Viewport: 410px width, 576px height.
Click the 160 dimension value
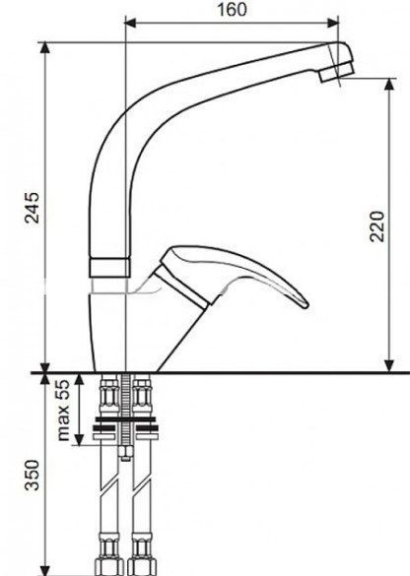pyautogui.click(x=232, y=9)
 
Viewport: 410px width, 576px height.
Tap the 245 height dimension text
pyautogui.click(x=32, y=208)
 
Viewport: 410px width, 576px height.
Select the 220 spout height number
pyautogui.click(x=377, y=226)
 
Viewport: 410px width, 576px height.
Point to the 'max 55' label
pyautogui.click(x=63, y=410)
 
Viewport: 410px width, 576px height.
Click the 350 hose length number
pyautogui.click(x=32, y=475)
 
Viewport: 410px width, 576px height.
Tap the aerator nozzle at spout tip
pyautogui.click(x=336, y=72)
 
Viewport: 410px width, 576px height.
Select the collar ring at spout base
pyautogui.click(x=109, y=268)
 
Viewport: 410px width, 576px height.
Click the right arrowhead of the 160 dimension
pyautogui.click(x=333, y=23)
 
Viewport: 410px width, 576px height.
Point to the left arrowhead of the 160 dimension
pyautogui.click(x=131, y=23)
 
